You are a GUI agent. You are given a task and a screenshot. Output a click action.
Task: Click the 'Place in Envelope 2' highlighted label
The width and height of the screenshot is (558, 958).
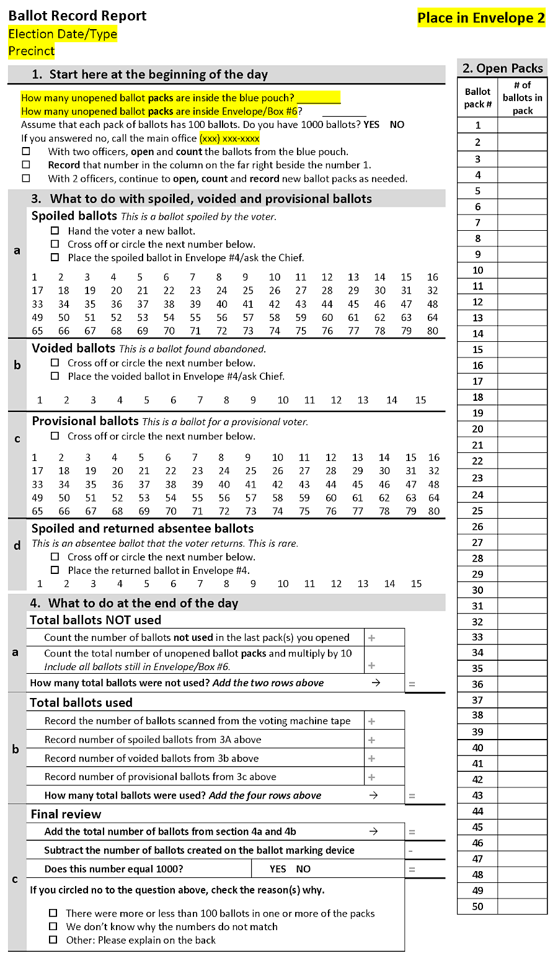tap(481, 18)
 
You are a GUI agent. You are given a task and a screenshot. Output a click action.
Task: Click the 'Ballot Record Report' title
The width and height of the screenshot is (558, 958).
tap(77, 16)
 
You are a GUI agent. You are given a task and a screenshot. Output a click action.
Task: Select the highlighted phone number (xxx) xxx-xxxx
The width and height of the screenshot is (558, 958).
tap(229, 138)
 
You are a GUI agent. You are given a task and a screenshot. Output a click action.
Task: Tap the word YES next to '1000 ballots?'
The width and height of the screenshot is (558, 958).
tap(371, 125)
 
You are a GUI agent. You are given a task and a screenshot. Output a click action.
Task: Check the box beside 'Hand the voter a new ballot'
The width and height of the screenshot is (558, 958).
tap(55, 231)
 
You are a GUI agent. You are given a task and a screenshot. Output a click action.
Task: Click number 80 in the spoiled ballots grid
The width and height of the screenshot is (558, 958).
tap(432, 331)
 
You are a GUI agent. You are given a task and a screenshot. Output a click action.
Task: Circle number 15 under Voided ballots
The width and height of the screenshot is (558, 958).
tap(420, 400)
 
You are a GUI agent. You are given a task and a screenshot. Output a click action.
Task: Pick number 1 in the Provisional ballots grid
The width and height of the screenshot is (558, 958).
tap(35, 457)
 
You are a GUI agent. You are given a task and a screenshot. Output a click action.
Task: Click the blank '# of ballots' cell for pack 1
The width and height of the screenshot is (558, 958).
tap(522, 125)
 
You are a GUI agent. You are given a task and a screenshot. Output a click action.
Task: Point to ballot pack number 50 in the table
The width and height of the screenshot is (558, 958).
tap(477, 907)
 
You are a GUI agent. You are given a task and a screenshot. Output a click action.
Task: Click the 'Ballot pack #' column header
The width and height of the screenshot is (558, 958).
tap(477, 98)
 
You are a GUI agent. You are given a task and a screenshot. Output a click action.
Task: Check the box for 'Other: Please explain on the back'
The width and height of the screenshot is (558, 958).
tap(53, 940)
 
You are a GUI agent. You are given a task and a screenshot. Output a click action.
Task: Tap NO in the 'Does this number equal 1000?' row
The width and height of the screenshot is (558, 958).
tap(303, 869)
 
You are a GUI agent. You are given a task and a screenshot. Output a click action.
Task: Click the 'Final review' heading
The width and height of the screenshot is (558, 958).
tap(66, 814)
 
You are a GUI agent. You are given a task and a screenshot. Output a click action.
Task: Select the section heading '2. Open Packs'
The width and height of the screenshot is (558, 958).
tap(502, 68)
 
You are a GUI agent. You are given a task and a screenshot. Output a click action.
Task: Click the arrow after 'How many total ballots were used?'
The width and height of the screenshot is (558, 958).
tap(373, 795)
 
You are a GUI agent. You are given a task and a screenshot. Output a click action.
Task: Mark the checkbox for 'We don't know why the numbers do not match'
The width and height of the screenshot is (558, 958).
tap(53, 926)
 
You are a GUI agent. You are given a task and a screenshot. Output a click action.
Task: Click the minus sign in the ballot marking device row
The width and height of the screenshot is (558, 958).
tap(410, 851)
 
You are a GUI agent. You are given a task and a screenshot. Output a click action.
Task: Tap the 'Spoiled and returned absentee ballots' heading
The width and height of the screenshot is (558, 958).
tap(143, 529)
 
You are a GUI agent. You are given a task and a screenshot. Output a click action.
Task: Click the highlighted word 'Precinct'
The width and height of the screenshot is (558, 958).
tap(32, 51)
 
